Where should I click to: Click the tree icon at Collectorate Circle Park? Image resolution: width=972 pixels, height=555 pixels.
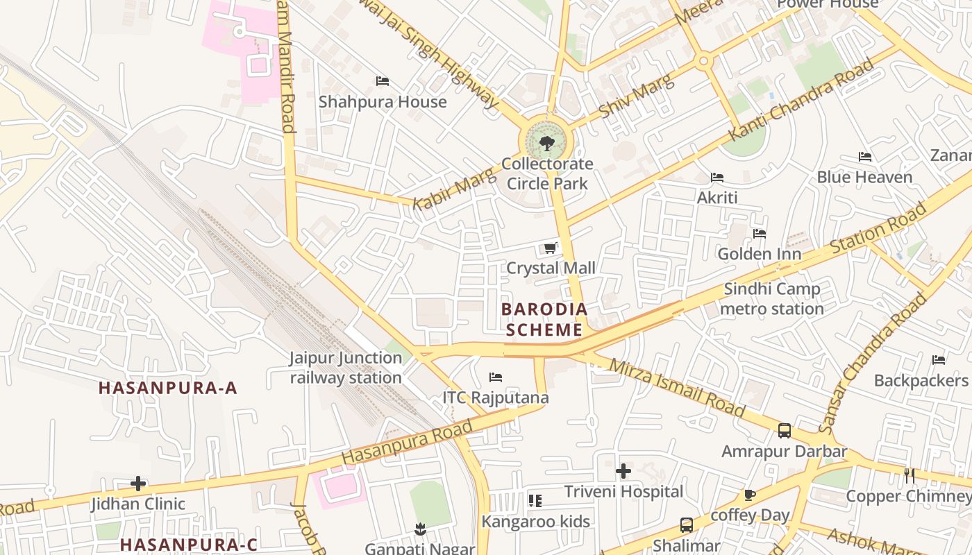point(547,144)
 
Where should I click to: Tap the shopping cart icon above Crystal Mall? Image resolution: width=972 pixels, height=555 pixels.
point(550,248)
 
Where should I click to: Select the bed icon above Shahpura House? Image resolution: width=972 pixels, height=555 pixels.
point(383,81)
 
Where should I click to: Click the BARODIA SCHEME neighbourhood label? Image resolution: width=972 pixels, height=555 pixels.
point(544,319)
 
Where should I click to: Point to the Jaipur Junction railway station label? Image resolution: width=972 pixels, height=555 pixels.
point(346,368)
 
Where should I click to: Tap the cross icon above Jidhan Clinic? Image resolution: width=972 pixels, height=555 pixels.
point(138,483)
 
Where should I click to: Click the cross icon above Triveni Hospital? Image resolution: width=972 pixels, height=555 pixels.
point(623,471)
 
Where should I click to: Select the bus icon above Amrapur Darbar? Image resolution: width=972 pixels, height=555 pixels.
point(784,431)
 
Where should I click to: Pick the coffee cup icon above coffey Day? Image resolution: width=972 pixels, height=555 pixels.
point(749,495)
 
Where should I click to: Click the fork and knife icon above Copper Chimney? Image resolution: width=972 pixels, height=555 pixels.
point(910,476)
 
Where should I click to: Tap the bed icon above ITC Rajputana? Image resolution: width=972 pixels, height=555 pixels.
point(496,377)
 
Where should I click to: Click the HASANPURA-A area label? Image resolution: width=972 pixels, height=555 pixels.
point(168,388)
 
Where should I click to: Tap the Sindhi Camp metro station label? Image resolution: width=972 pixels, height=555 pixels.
point(772,298)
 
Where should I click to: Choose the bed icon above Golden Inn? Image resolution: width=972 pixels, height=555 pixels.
point(760,234)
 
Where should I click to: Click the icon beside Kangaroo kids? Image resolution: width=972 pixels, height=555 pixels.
point(535,500)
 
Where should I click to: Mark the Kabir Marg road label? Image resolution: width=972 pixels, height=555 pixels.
point(454,189)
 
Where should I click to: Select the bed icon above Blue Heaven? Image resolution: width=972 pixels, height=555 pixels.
point(864,157)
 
